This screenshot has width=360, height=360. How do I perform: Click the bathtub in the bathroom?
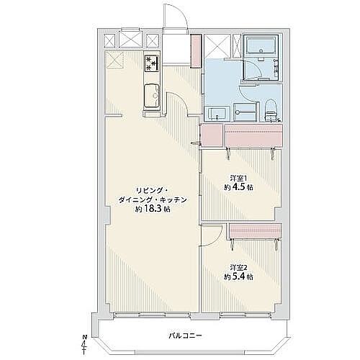pyautogui.click(x=261, y=46)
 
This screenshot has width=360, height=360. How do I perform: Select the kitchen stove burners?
pyautogui.click(x=152, y=63)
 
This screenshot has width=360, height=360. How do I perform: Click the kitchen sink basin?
pyautogui.click(x=152, y=96)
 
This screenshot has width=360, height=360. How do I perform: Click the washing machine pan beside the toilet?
pyautogui.click(x=245, y=112)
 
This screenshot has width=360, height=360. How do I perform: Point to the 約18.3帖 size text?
pyautogui.click(x=153, y=209)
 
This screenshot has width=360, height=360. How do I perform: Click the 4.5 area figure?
pyautogui.click(x=238, y=187)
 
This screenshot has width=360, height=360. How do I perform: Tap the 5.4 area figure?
pyautogui.click(x=238, y=276)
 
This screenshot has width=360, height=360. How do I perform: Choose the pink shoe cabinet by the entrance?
pyautogui.click(x=196, y=51)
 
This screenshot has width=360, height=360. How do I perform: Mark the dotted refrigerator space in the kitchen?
pyautogui.click(x=114, y=60)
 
